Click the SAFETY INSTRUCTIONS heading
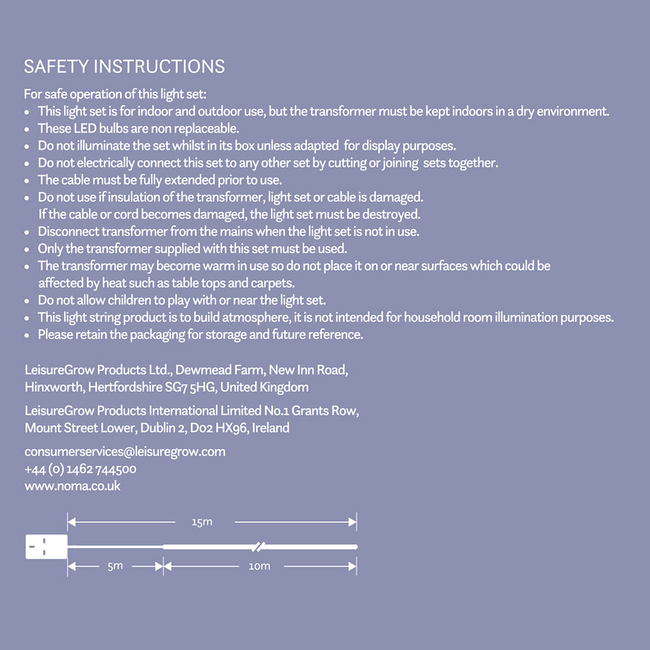coord(124,66)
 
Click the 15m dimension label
coord(202,522)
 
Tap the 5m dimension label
coord(115,566)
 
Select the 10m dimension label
coord(259,566)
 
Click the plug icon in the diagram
coord(45,547)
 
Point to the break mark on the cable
coord(257,545)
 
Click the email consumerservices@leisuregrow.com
coord(125,452)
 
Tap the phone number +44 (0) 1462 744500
coord(81,469)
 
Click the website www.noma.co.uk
coord(72,486)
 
